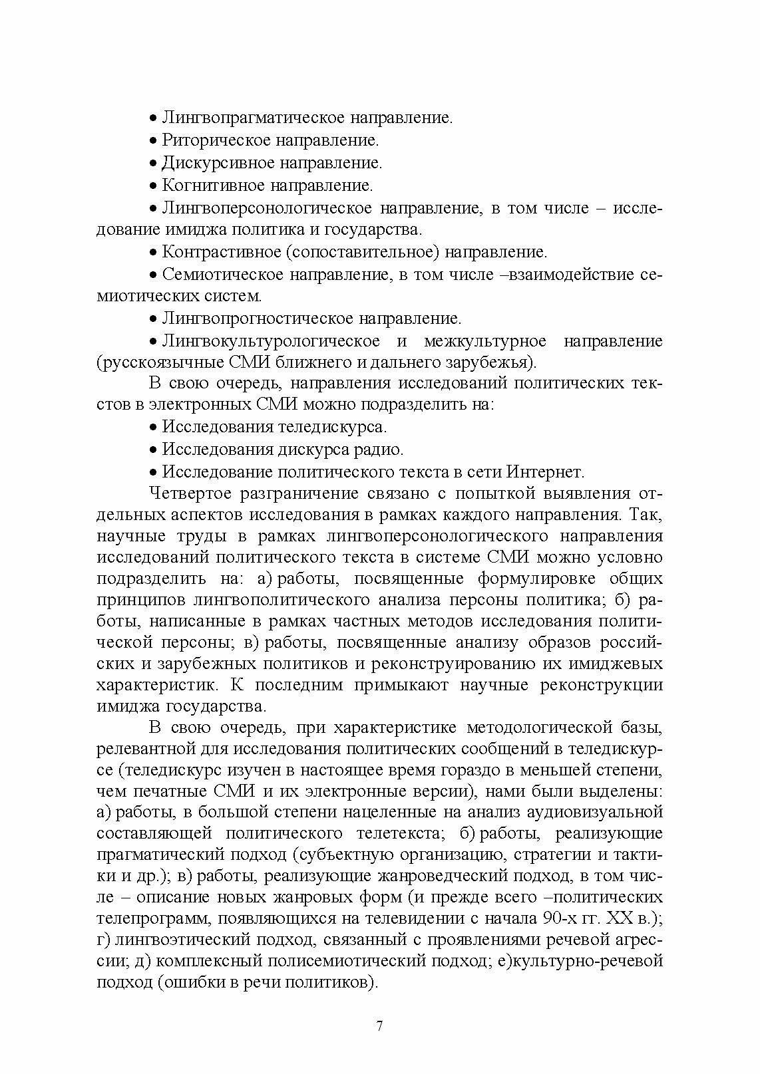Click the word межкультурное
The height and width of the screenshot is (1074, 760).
[x=484, y=341]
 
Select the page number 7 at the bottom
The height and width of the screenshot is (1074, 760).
[x=379, y=1026]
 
